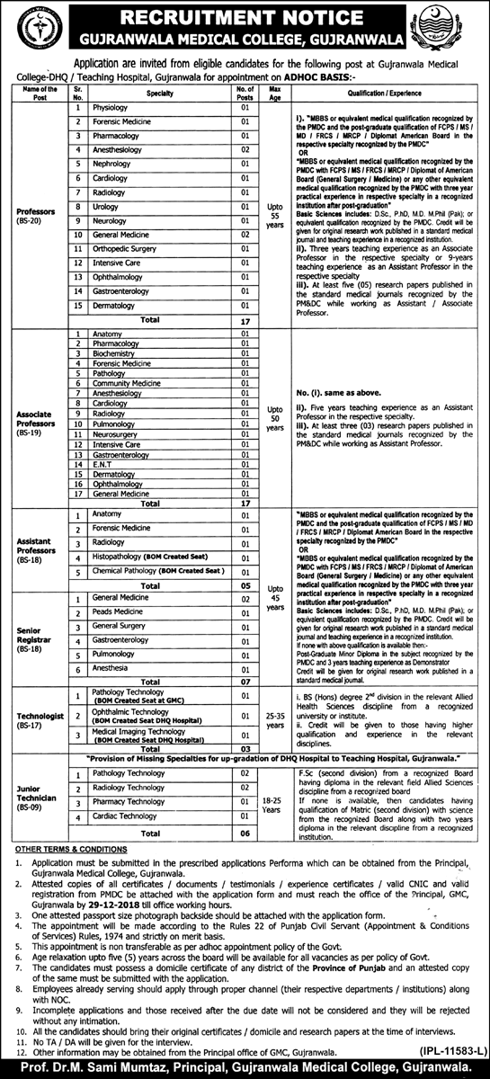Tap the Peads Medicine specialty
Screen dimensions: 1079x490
coord(118,611)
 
